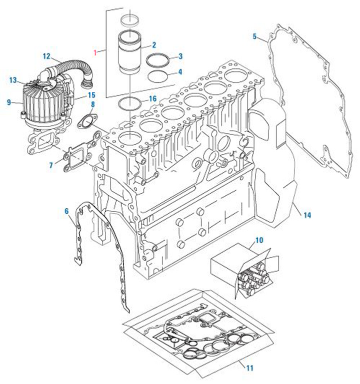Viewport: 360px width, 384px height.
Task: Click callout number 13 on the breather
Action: coord(12,80)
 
